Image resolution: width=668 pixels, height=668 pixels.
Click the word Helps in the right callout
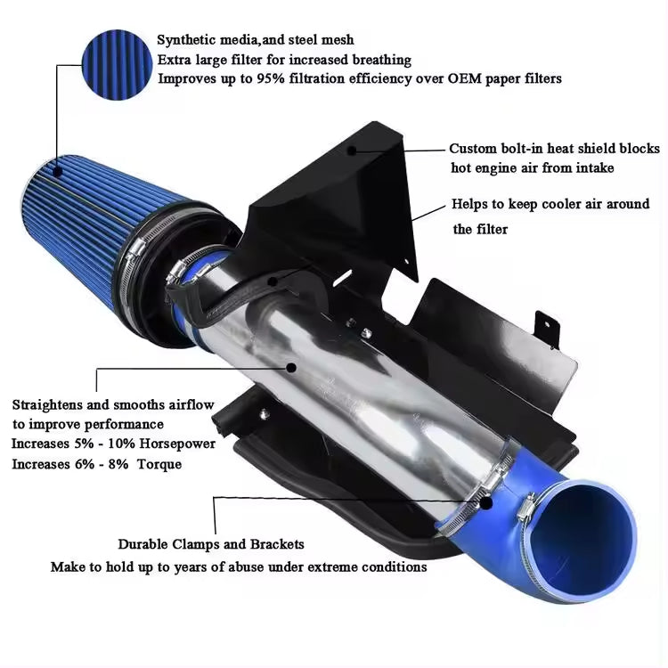pyautogui.click(x=470, y=204)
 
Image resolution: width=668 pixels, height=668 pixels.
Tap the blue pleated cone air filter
pyautogui.click(x=80, y=223)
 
